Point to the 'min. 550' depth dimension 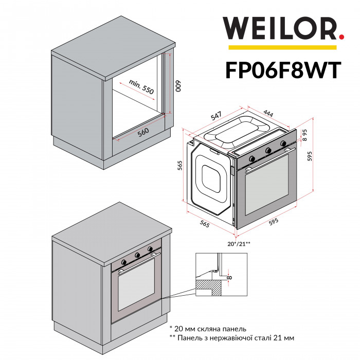click(141, 86)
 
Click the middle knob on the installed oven click(137, 255)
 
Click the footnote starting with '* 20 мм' click(208, 328)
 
